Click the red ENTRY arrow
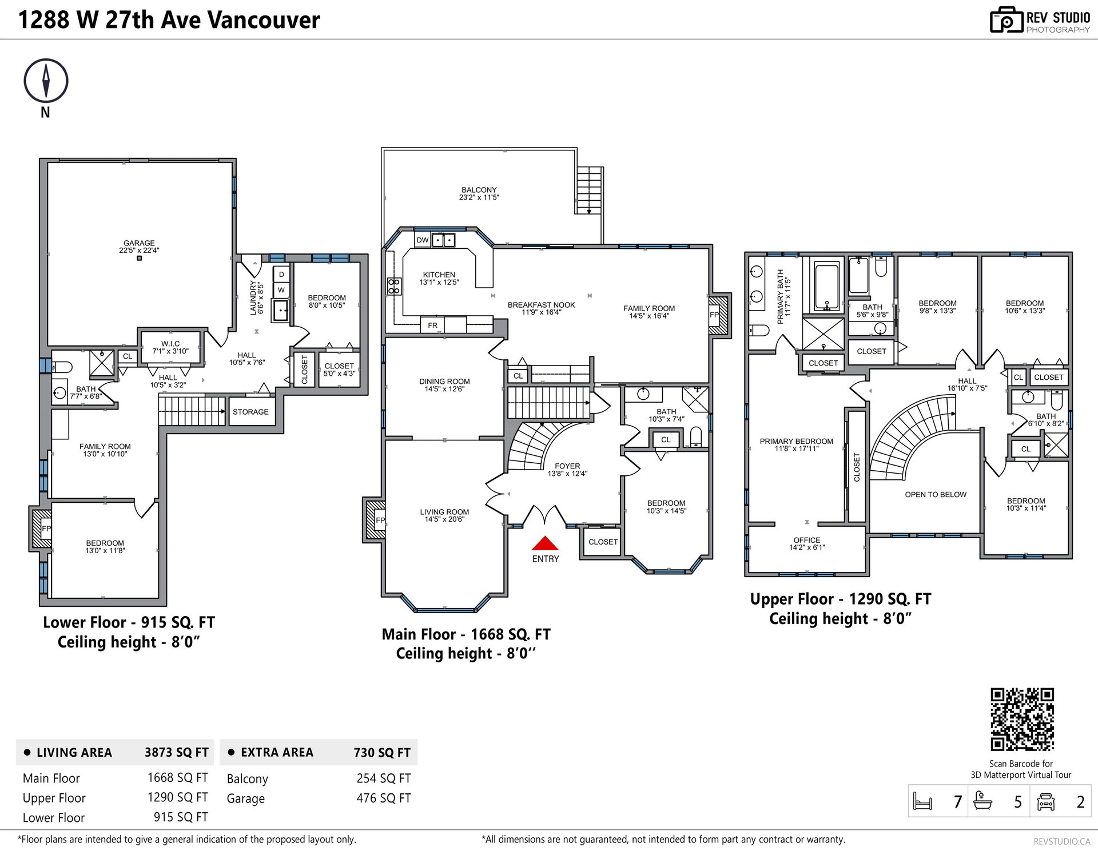[545, 543]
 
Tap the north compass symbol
[46, 81]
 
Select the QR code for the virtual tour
[1022, 719]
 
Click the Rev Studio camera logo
[1006, 20]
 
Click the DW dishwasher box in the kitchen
[422, 240]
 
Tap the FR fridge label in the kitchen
[432, 325]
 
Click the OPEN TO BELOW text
[936, 495]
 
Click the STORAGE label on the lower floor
[250, 412]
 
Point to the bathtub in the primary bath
[826, 287]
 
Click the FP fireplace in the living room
[376, 520]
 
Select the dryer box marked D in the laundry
[281, 275]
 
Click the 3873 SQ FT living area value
[177, 752]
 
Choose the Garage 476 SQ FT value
[384, 798]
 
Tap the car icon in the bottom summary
[1045, 801]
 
